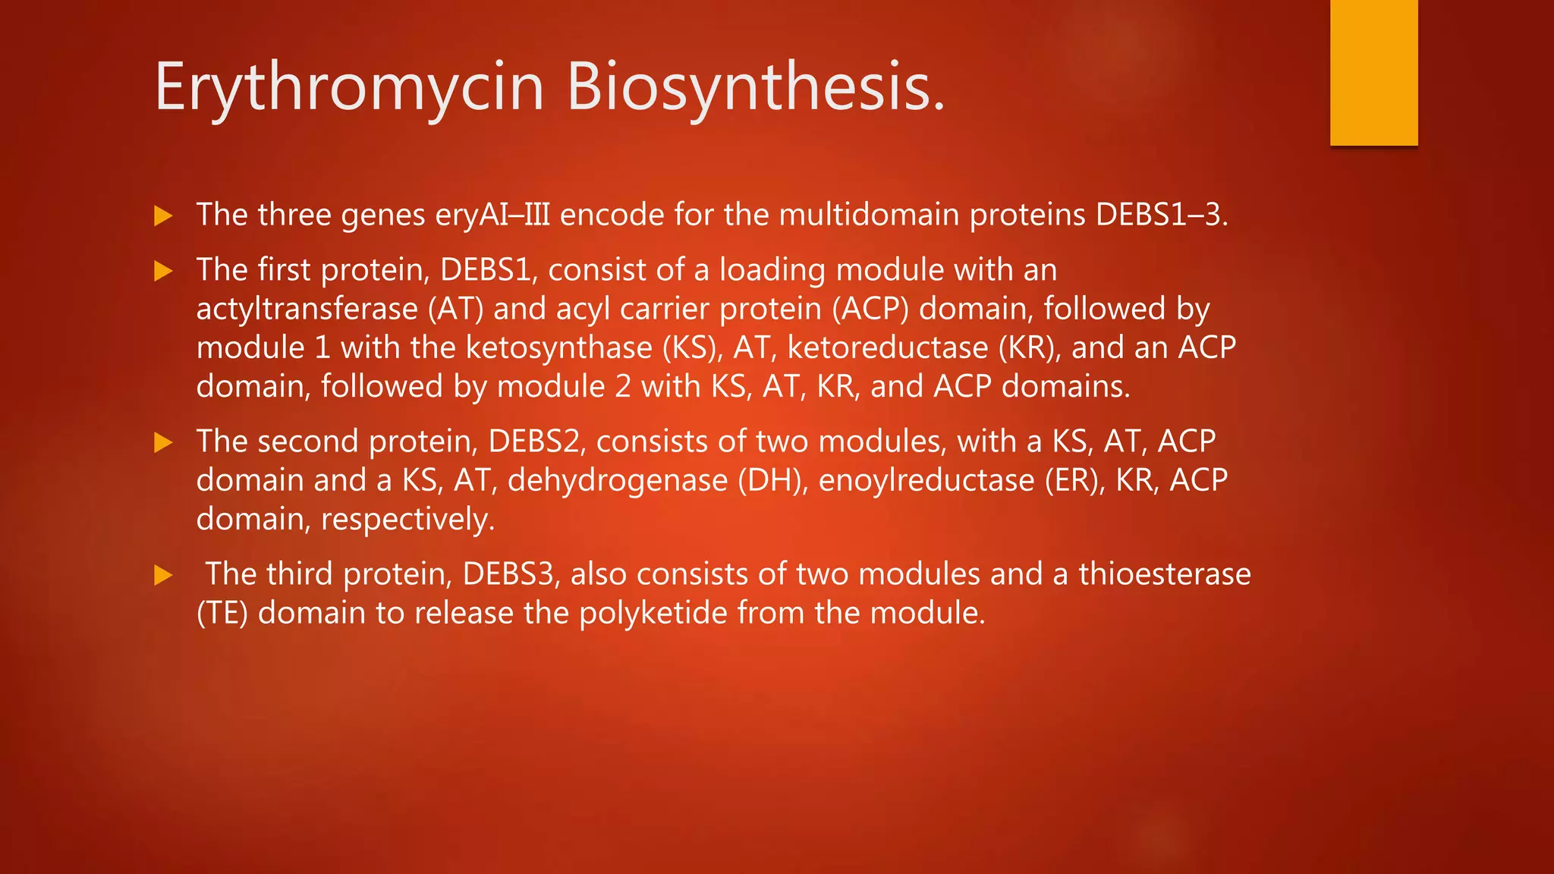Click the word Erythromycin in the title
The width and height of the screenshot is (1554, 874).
(349, 87)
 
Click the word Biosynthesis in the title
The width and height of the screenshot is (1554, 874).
(755, 87)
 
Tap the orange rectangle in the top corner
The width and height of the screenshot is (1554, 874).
(1373, 72)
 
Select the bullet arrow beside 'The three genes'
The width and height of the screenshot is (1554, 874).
(163, 216)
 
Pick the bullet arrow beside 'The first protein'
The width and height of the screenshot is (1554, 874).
(163, 271)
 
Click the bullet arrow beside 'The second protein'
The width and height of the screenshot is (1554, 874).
(163, 442)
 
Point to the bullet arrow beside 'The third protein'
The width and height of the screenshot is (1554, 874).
(163, 575)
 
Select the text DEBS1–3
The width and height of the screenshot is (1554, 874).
(1160, 215)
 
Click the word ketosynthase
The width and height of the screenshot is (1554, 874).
(558, 348)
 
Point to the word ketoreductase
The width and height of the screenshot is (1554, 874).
(888, 348)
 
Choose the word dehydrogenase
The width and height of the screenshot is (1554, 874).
(618, 481)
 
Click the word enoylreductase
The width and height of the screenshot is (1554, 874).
(926, 481)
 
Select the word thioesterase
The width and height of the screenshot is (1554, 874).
(1165, 574)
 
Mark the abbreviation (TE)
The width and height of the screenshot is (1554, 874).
(222, 613)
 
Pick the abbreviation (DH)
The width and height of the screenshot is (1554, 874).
(773, 481)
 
